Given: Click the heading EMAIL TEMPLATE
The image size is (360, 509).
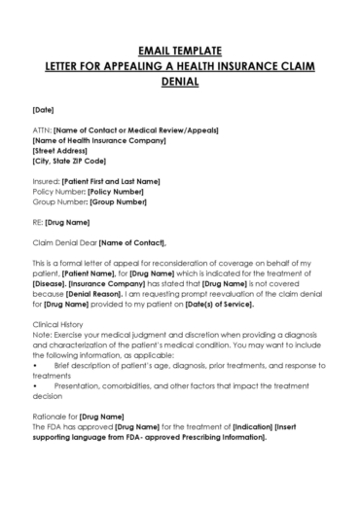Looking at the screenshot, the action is (x=181, y=49).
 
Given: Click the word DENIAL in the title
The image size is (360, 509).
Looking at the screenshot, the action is (x=181, y=82).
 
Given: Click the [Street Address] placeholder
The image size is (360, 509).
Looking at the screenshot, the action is (x=60, y=151).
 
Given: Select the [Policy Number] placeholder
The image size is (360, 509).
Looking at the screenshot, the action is (x=116, y=192).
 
